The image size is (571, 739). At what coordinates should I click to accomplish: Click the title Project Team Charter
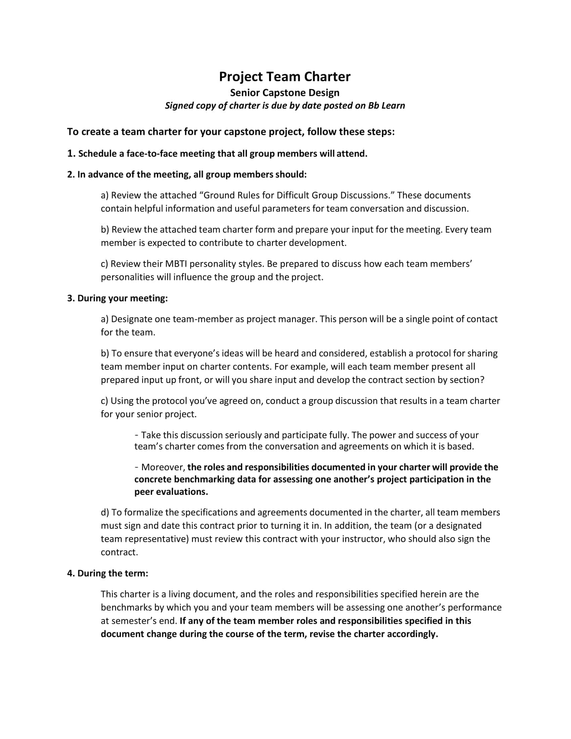tap(284, 77)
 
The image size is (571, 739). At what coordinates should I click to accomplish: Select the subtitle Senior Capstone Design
tap(284, 93)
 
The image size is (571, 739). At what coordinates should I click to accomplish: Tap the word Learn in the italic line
tap(393, 105)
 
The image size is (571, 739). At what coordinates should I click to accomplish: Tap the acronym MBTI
tap(176, 264)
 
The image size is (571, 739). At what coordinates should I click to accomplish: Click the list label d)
tap(105, 512)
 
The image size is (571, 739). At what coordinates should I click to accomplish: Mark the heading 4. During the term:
tap(107, 573)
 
